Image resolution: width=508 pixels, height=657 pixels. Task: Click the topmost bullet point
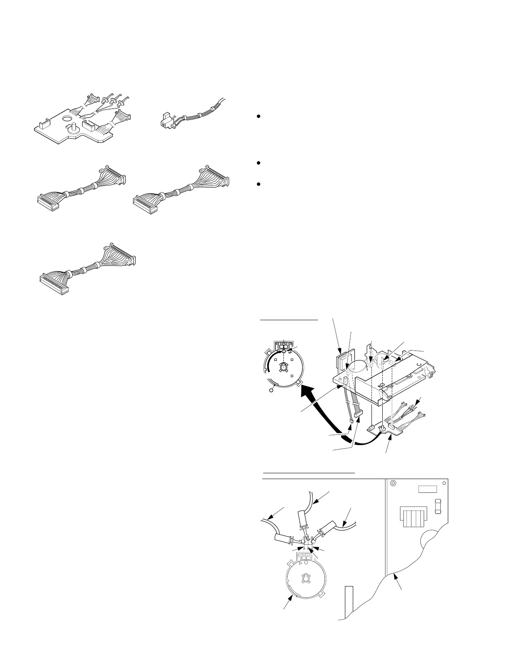[258, 117]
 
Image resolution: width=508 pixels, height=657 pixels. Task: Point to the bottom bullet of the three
[258, 184]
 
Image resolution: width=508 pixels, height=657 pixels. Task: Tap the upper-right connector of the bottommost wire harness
[122, 253]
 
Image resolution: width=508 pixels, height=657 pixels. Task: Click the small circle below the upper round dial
[273, 390]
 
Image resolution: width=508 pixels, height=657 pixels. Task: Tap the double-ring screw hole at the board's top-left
[393, 483]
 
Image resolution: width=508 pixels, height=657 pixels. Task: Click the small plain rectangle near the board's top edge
[427, 489]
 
